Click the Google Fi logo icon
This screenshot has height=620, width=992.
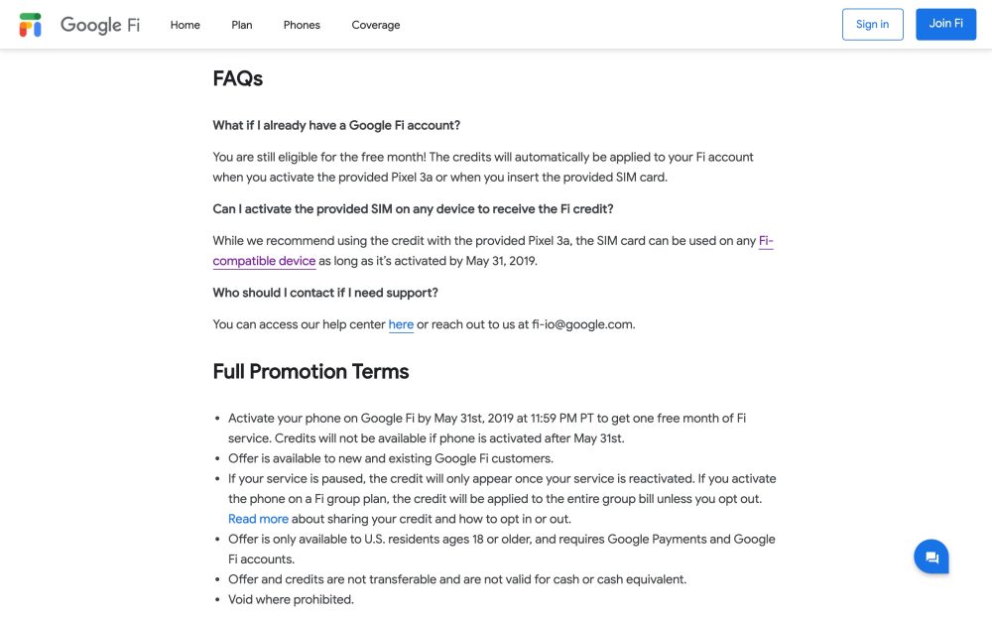(x=31, y=25)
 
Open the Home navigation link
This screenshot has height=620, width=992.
(x=186, y=25)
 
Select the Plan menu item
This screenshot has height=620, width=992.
(x=242, y=25)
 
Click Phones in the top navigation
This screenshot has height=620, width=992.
(x=302, y=25)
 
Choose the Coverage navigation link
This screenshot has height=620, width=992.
(x=376, y=25)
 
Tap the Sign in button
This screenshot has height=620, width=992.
(x=873, y=25)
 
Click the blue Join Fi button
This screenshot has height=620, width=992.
(x=946, y=25)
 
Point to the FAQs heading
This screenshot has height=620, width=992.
(x=238, y=79)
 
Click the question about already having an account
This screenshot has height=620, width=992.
(x=336, y=126)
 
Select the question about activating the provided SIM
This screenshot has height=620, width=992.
(x=414, y=209)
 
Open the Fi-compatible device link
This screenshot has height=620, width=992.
(x=265, y=262)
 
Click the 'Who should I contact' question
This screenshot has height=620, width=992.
(x=325, y=293)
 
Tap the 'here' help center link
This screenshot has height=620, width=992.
(x=401, y=324)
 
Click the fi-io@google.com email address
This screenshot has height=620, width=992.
(x=583, y=324)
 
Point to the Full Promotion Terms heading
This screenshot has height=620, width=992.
(x=310, y=372)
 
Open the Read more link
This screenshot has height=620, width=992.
(x=258, y=519)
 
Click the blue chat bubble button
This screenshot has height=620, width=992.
(x=931, y=558)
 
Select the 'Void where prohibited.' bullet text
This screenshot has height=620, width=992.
(x=291, y=599)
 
